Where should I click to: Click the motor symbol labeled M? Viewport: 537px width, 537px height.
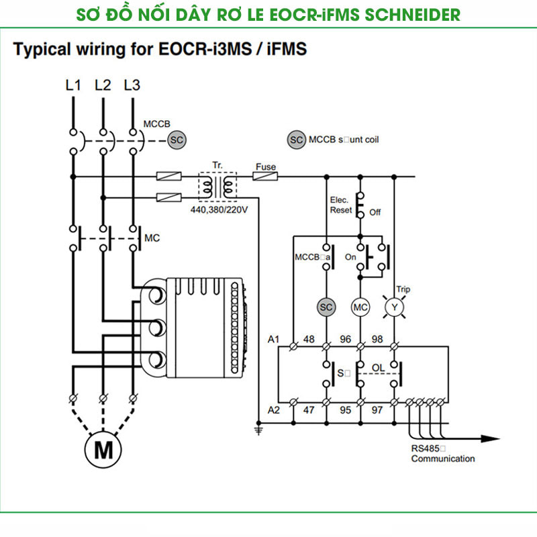tap(104, 449)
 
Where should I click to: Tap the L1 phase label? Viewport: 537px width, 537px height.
tap(73, 85)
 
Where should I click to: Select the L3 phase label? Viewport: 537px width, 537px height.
tap(132, 85)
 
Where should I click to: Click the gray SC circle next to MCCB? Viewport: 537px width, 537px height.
tap(176, 140)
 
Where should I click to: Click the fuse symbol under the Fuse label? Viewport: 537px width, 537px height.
tap(266, 177)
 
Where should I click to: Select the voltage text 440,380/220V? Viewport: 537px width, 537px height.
tap(219, 210)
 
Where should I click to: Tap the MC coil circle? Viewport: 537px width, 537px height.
tap(361, 307)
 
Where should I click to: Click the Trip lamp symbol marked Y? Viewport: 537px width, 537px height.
tap(394, 307)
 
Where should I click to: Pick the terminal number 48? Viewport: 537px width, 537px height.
tap(309, 339)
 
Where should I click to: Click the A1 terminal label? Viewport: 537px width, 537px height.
tap(274, 339)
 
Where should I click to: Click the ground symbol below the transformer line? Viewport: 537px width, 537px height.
tap(258, 430)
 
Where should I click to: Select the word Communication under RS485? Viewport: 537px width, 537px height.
tap(442, 459)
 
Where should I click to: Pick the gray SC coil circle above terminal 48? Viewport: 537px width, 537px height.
tap(326, 307)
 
